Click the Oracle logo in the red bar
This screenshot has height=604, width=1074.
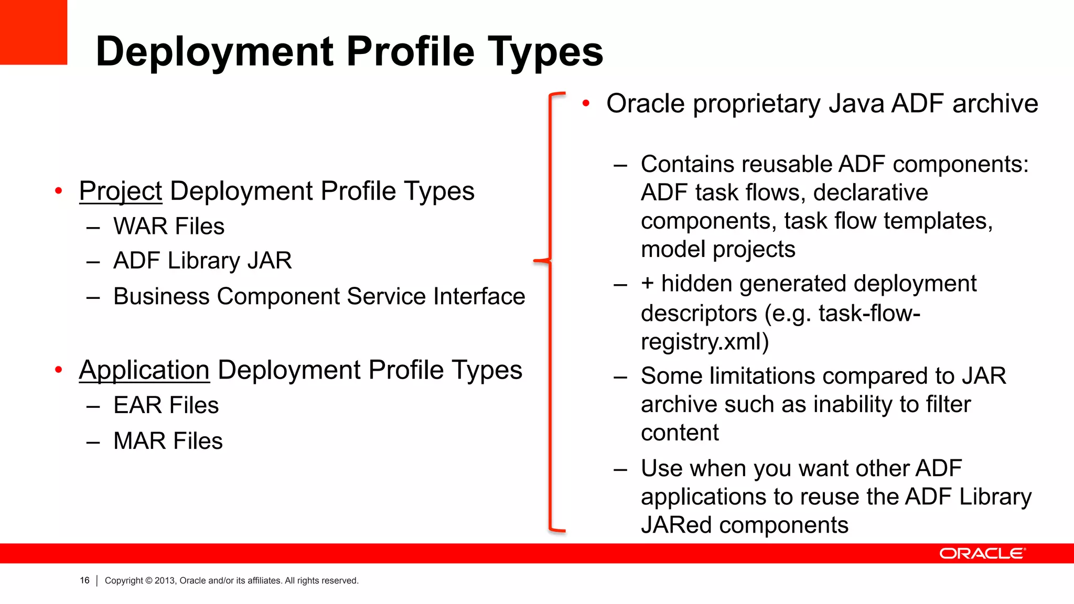tap(982, 554)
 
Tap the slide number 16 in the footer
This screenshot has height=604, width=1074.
tap(84, 580)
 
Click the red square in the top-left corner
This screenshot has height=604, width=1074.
tap(33, 31)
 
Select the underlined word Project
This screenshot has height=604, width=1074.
tap(121, 191)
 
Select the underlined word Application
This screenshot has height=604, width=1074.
tap(144, 370)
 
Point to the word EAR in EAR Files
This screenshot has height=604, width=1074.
tap(137, 405)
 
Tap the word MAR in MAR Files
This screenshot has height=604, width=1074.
tap(139, 441)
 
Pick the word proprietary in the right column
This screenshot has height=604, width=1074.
tap(756, 104)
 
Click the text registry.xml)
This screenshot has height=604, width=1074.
tap(705, 342)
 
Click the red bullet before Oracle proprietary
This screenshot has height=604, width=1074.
tap(586, 103)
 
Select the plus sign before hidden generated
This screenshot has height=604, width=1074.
tap(647, 284)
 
